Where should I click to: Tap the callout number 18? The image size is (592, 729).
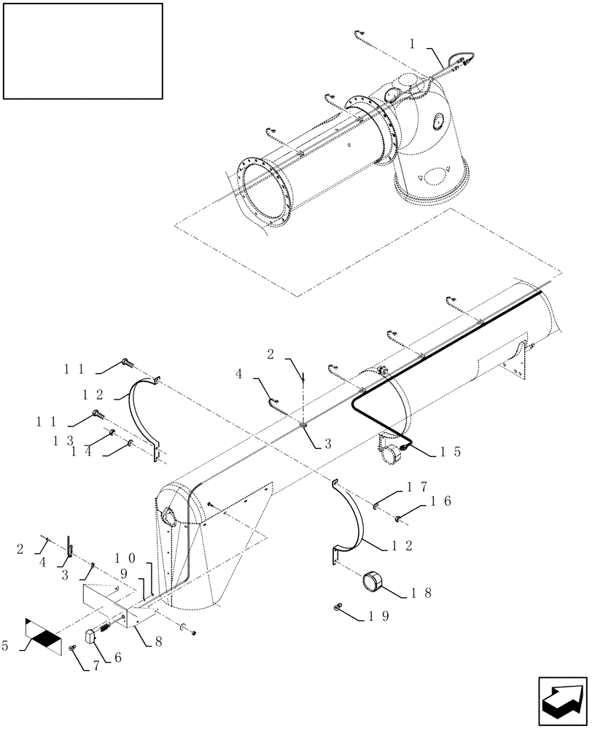tap(422, 593)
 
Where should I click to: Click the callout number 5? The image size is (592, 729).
tap(8, 644)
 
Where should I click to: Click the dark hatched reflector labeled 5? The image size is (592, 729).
tap(46, 639)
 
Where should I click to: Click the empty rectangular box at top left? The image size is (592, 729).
tap(82, 50)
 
